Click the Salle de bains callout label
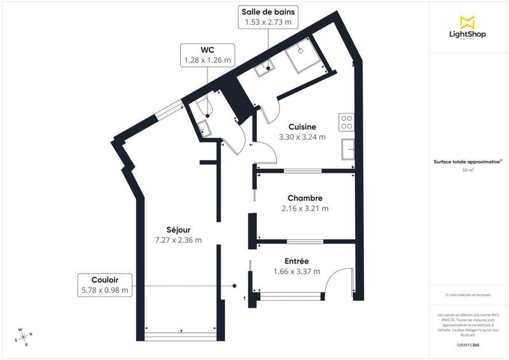tap(268, 17)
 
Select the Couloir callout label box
tap(105, 284)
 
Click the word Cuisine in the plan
tap(302, 127)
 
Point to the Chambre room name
tap(305, 198)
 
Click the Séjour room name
tap(178, 230)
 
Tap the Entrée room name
tap(296, 261)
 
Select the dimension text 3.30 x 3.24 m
tap(302, 137)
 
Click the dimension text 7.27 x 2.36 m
tap(178, 240)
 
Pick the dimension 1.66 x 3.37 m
tap(296, 272)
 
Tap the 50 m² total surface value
tap(468, 170)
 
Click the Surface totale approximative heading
tap(468, 162)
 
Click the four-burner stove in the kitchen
tap(347, 121)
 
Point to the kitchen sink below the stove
tap(347, 149)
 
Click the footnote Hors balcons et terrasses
tap(468, 295)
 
